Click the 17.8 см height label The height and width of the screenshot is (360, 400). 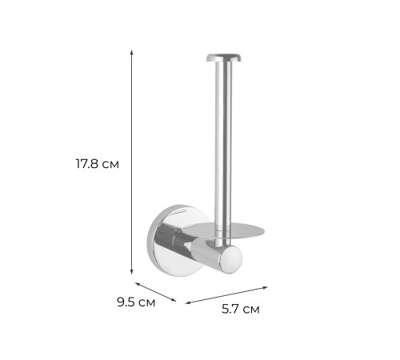(x=97, y=164)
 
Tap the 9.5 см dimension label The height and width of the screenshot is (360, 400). (x=136, y=302)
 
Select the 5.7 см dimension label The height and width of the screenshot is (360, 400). (x=241, y=310)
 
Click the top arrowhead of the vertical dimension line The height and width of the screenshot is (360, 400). (x=131, y=52)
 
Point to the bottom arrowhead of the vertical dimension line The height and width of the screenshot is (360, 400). (x=131, y=271)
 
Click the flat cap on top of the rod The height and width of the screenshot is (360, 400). (x=223, y=58)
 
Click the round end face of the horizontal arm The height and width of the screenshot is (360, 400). (x=230, y=260)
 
